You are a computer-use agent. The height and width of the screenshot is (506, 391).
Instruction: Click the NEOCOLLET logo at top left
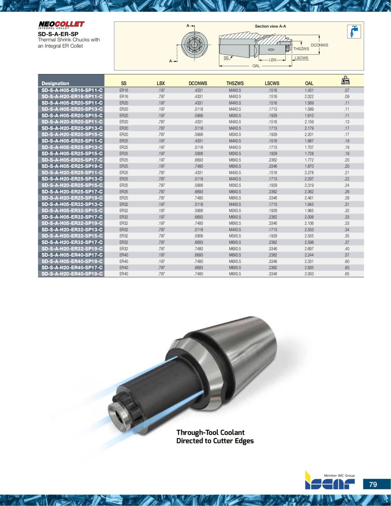[x=61, y=24]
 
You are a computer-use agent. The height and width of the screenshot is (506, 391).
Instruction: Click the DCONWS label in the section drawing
[x=319, y=45]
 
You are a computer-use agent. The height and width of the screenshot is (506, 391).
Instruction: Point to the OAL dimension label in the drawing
[x=256, y=66]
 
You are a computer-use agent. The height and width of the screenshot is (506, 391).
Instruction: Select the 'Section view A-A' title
[x=270, y=26]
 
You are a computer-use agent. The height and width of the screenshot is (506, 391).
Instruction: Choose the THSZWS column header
[x=235, y=83]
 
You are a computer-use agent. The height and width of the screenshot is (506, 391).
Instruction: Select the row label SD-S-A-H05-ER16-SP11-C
[x=72, y=90]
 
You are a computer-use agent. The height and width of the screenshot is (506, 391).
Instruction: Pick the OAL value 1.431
[x=309, y=90]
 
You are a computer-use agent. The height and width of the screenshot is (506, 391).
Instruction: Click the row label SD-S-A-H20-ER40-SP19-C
[x=72, y=274]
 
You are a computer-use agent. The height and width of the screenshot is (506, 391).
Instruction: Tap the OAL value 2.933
[x=309, y=274]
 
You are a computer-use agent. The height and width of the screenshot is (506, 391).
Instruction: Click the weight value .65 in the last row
[x=347, y=274]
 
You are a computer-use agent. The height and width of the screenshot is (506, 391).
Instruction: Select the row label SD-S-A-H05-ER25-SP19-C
[x=72, y=166]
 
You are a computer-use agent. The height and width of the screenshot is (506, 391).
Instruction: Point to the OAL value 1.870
[x=309, y=166]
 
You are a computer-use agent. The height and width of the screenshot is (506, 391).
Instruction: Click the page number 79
[x=373, y=484]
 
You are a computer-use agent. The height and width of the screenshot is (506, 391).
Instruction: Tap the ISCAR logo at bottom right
[x=330, y=484]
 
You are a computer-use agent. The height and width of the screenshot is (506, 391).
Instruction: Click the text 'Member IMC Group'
[x=339, y=475]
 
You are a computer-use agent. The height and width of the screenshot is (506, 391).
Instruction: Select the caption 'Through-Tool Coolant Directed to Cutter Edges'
[x=215, y=437]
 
